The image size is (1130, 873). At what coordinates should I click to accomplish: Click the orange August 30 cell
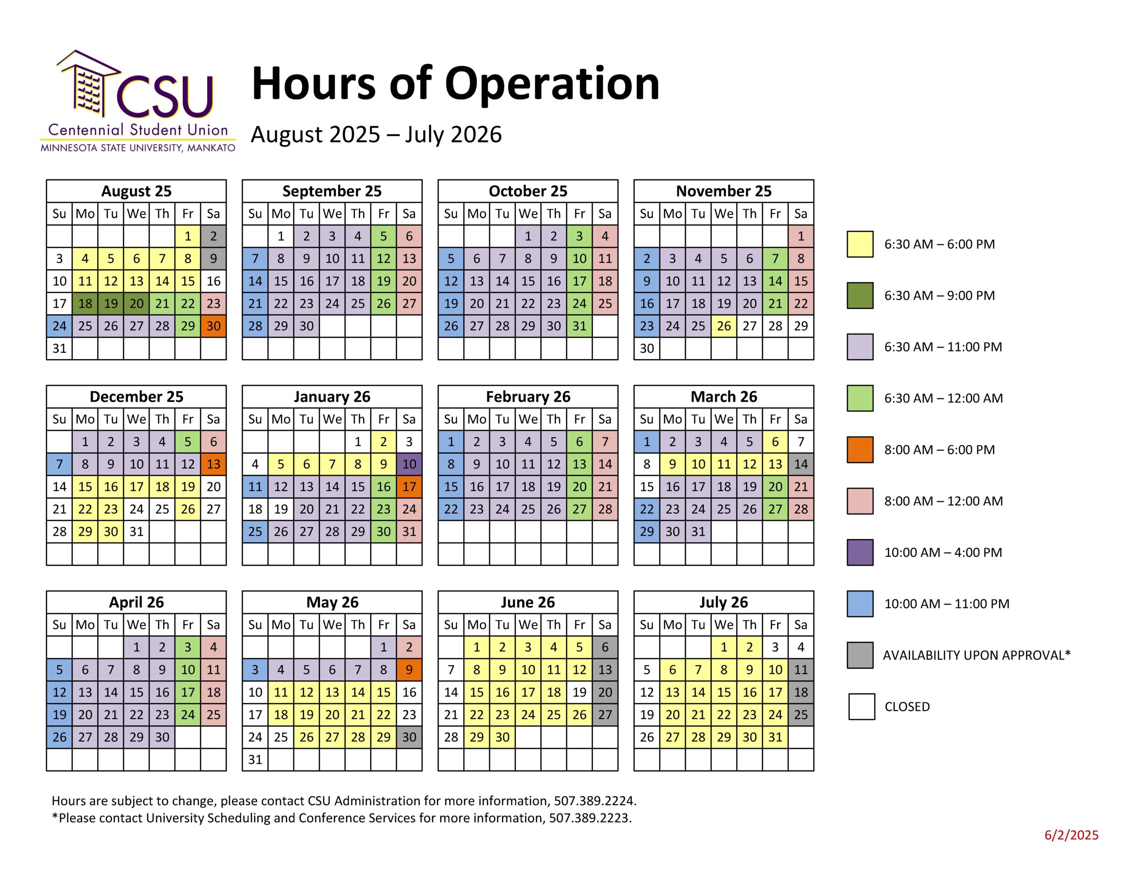point(213,326)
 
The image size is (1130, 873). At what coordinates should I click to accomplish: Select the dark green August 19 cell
point(111,304)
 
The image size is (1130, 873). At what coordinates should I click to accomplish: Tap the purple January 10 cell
point(409,464)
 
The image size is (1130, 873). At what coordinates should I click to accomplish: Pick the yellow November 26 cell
point(724,326)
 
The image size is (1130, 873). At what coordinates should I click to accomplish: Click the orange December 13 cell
point(213,464)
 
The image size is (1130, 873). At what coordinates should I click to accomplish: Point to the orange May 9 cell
point(409,670)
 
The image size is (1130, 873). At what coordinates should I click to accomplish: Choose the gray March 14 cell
point(801,464)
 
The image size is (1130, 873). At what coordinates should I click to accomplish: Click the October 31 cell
point(580,326)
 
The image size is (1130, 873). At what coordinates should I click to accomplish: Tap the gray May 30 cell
point(409,737)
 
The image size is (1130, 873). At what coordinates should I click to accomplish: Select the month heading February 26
point(528,397)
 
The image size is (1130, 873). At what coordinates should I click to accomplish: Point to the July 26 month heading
point(723,602)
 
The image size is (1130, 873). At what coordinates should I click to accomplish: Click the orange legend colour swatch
point(860,450)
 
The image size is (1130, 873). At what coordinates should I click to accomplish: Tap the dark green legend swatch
point(860,295)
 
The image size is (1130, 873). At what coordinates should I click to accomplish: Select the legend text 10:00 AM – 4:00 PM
point(943,552)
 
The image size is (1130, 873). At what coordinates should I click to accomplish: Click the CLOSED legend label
point(907,707)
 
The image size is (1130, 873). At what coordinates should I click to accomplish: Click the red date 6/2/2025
point(1071,835)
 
